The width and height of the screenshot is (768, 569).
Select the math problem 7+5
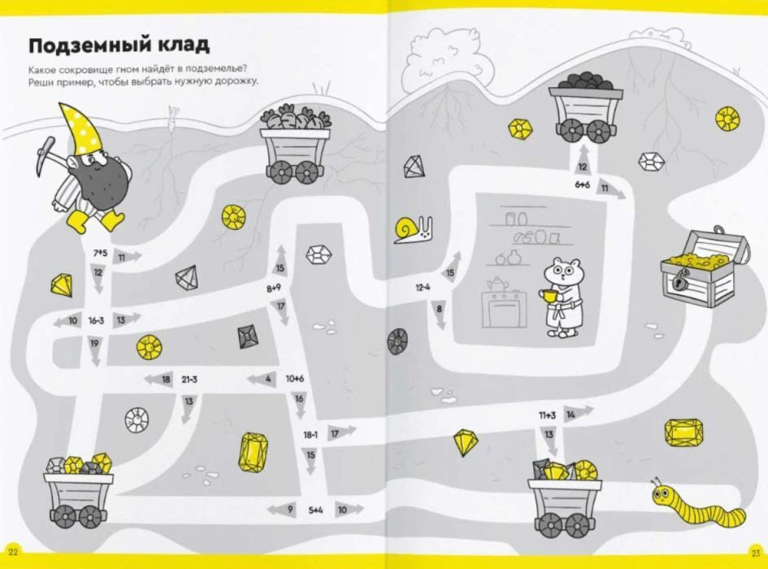tap(100, 253)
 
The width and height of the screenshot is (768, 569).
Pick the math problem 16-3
tap(96, 321)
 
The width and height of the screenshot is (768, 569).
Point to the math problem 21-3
tap(189, 380)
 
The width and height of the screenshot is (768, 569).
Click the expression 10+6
tap(294, 378)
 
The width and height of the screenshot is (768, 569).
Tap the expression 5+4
tap(315, 510)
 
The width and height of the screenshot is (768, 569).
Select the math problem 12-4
tap(423, 288)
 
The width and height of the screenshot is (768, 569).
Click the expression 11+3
tap(547, 415)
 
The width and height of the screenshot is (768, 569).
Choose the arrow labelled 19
tap(94, 350)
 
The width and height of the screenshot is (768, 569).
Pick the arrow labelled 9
tap(283, 510)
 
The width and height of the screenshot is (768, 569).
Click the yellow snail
tap(413, 229)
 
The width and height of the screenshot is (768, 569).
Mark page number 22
tap(13, 553)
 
